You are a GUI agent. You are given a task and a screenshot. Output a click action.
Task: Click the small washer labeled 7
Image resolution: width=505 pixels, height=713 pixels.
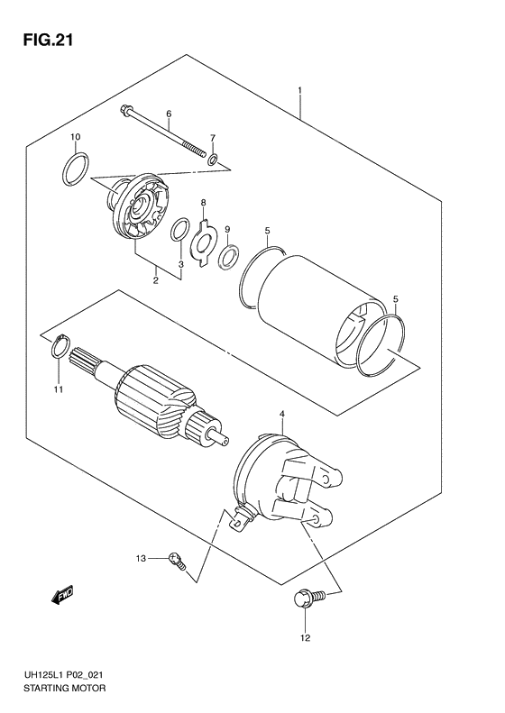[212, 160]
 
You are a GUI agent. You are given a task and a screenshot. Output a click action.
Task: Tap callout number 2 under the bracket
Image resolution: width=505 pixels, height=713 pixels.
[155, 280]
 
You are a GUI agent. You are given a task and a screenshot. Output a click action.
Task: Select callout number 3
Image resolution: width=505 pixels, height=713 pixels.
[180, 264]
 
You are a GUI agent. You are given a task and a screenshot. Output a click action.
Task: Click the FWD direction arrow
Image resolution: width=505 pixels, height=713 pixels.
[63, 596]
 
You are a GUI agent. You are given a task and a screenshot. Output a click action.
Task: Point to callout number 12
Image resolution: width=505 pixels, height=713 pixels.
[304, 639]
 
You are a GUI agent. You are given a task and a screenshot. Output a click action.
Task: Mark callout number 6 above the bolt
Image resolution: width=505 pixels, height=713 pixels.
[168, 114]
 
